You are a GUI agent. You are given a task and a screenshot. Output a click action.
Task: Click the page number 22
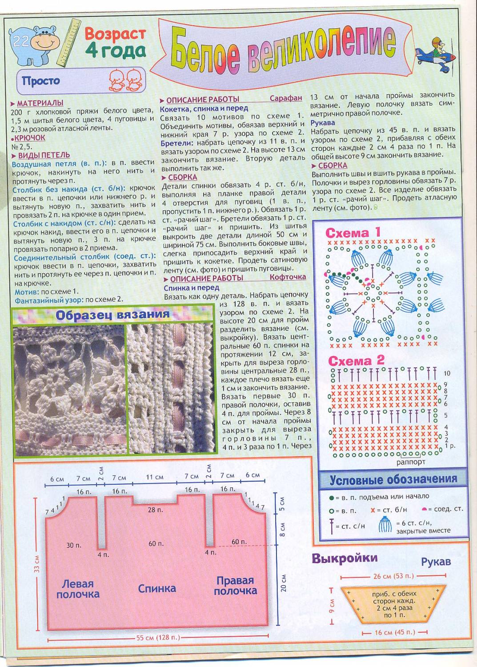coord(21,41)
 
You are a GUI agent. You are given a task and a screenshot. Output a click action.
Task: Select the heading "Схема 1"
coord(353,233)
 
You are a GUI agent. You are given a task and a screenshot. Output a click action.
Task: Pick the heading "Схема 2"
coord(356,360)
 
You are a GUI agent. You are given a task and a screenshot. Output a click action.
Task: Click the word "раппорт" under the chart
coord(411,462)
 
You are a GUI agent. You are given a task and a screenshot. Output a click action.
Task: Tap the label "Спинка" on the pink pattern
coord(157,588)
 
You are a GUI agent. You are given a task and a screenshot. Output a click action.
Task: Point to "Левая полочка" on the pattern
coord(77,589)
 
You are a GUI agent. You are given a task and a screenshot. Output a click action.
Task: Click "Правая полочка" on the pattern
coord(235,586)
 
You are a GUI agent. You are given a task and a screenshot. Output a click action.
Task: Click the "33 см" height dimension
coord(37,564)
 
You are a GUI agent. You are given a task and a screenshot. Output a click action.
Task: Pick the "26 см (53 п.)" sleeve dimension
coord(393,576)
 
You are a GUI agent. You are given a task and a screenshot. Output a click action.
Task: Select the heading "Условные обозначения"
coord(393,479)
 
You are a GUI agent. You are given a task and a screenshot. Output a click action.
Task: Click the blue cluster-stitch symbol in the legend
coord(385,526)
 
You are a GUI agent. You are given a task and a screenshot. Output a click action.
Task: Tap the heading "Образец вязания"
coord(112,315)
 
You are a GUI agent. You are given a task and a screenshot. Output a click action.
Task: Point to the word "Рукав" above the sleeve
coord(436,562)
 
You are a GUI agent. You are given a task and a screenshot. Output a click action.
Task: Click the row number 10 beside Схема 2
coord(447,374)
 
